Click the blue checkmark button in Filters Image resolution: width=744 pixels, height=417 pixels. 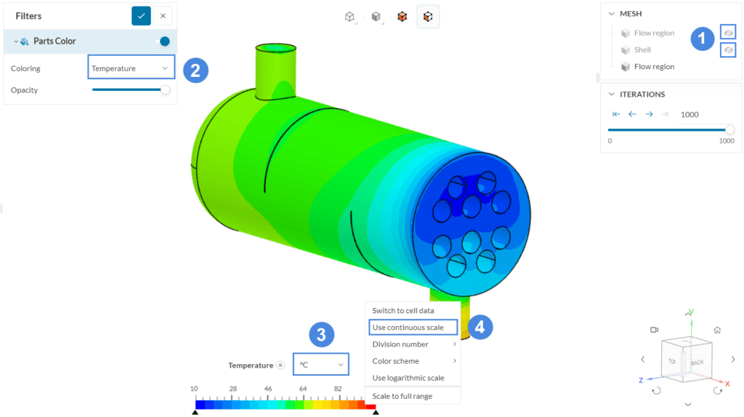pyautogui.click(x=141, y=16)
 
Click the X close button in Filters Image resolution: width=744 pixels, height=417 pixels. pyautogui.click(x=163, y=16)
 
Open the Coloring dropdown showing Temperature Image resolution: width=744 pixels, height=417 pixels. pyautogui.click(x=131, y=68)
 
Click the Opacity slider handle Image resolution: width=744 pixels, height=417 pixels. pyautogui.click(x=165, y=90)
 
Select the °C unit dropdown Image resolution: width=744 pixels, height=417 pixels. pyautogui.click(x=320, y=365)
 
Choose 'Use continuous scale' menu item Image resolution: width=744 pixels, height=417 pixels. pyautogui.click(x=412, y=328)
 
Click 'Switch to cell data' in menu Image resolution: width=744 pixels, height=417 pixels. pyautogui.click(x=403, y=311)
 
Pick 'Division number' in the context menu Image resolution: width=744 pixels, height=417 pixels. pyautogui.click(x=400, y=344)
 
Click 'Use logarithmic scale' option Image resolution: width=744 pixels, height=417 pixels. pyautogui.click(x=408, y=378)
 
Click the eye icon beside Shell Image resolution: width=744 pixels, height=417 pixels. pyautogui.click(x=727, y=50)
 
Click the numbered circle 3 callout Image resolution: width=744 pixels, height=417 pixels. pyautogui.click(x=322, y=335)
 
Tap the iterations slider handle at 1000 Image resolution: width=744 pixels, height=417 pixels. pyautogui.click(x=729, y=129)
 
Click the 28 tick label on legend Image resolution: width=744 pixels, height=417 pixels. pyautogui.click(x=233, y=389)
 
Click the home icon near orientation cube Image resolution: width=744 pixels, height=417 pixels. pyautogui.click(x=717, y=330)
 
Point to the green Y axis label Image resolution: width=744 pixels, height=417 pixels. pyautogui.click(x=691, y=312)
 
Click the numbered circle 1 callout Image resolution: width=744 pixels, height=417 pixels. pyautogui.click(x=702, y=39)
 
